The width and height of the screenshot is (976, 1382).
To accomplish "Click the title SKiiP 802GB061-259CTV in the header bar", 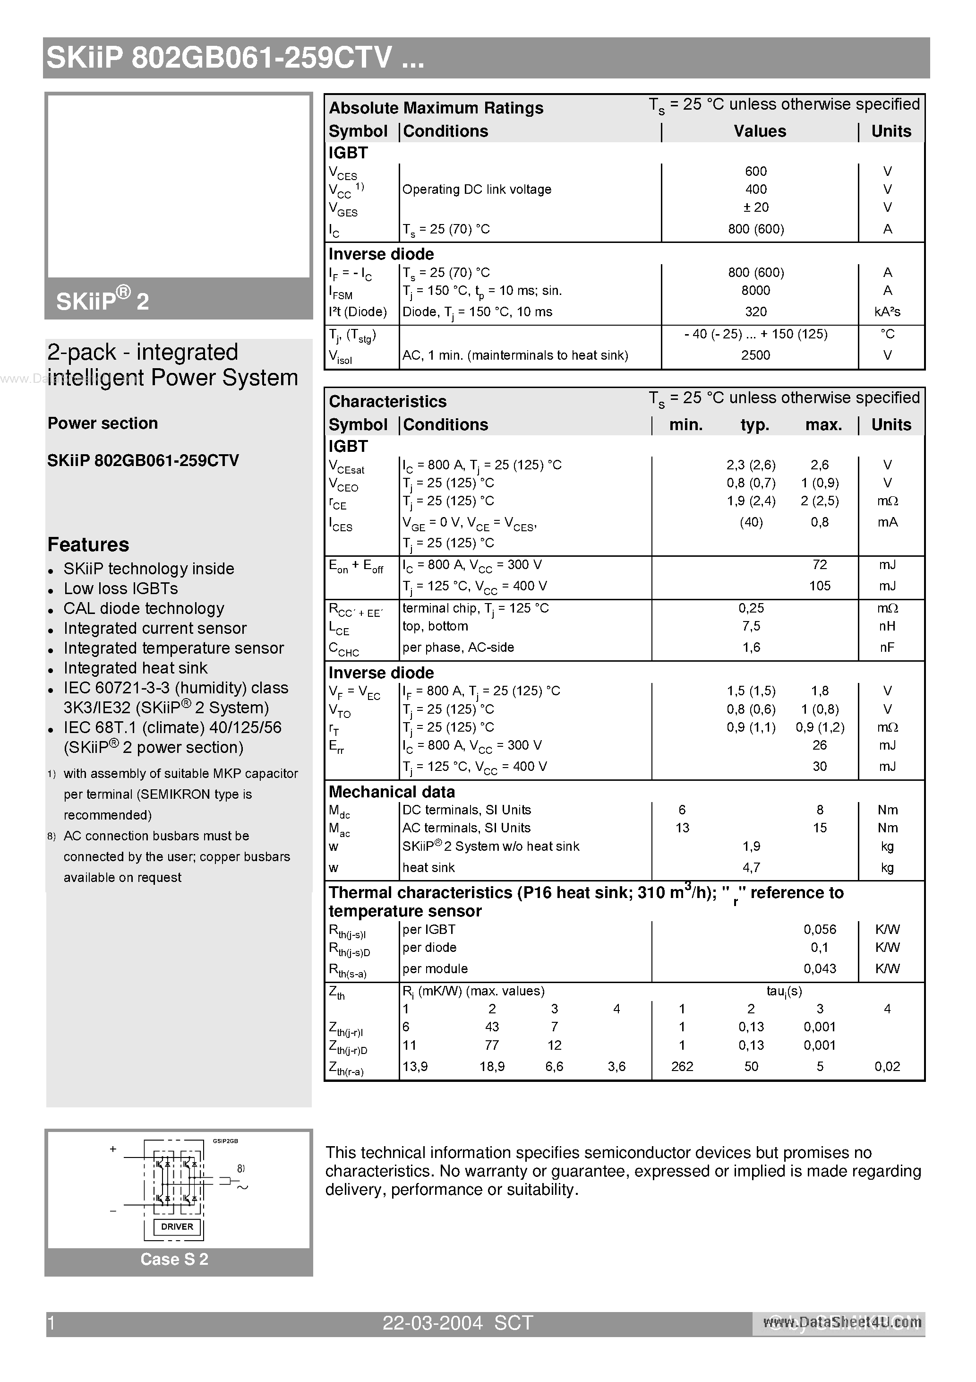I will (x=235, y=59).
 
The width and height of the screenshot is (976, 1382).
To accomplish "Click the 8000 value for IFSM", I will (x=755, y=290).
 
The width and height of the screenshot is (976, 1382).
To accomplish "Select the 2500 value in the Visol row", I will (x=755, y=355).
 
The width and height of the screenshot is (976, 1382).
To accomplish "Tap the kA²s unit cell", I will (x=888, y=312).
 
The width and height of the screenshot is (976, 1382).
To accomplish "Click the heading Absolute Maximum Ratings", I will (x=436, y=108).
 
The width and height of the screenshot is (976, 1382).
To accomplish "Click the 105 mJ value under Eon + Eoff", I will (x=820, y=586).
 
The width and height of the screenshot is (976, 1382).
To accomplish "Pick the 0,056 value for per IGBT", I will (x=820, y=929).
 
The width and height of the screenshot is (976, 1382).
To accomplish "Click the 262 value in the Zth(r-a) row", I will (x=682, y=1067).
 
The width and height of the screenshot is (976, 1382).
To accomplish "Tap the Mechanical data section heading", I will (x=392, y=792).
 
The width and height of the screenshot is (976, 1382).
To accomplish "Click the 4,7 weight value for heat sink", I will (x=751, y=867).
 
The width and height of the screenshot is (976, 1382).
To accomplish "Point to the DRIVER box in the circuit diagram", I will (x=177, y=1227).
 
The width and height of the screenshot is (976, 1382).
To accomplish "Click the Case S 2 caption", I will (x=174, y=1259).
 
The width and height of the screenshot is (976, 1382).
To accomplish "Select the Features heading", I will (x=88, y=545).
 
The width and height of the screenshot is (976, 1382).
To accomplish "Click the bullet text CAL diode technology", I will (x=144, y=609).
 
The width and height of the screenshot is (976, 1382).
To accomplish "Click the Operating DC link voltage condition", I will (x=477, y=190).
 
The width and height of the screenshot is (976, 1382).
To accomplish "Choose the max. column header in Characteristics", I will (x=823, y=425).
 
